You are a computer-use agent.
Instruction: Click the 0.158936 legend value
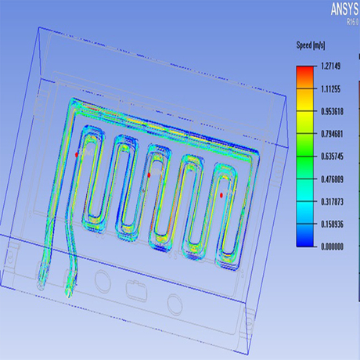click(330, 225)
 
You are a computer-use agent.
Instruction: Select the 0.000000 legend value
click(330, 247)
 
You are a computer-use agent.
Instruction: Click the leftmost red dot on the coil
click(77, 155)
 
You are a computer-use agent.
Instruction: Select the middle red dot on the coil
click(149, 175)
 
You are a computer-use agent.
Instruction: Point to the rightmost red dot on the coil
click(221, 194)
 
